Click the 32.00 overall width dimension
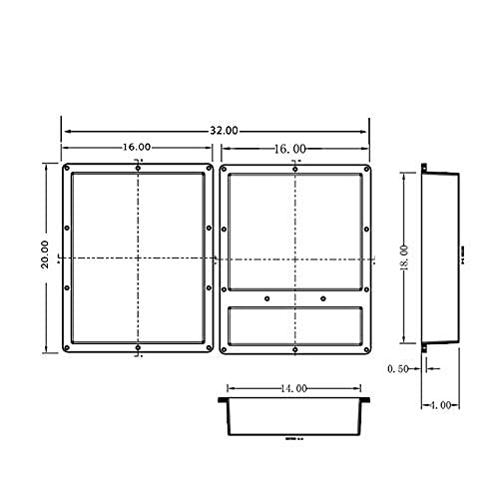pos(225,131)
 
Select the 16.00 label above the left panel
pos(138,147)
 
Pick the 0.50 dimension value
pos(397,368)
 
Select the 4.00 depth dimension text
pos(442,404)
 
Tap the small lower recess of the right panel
pos(294,324)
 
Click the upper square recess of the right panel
pos(294,230)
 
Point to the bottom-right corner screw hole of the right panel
pos(366,347)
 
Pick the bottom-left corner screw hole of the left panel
pos(67,347)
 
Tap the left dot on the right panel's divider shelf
pos(267,297)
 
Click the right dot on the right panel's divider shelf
pos(323,297)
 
